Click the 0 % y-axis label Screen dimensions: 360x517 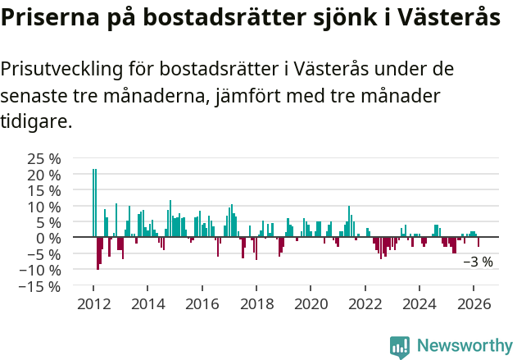click(x=48, y=239)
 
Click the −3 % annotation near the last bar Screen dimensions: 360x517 click(x=478, y=262)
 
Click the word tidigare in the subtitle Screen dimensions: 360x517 click(x=34, y=121)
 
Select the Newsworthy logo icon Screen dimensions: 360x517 click(x=400, y=347)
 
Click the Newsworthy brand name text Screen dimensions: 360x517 click(x=465, y=346)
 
